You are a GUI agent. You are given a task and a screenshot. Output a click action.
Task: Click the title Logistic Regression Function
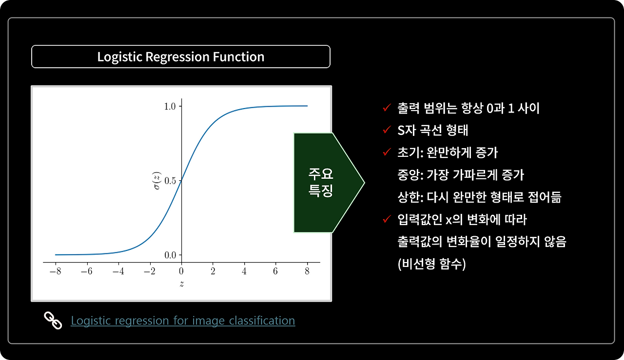tap(181, 57)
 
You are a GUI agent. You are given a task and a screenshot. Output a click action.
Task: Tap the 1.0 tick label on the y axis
tap(170, 106)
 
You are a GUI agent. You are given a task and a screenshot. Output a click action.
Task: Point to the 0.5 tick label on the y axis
tap(170, 181)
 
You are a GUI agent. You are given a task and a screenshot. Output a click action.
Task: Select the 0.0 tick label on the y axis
tap(170, 255)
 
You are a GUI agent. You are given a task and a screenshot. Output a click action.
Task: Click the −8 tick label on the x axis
tap(56, 271)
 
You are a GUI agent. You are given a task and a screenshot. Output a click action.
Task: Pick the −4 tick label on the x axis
tap(118, 271)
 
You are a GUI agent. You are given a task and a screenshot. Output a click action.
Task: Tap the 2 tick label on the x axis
tap(213, 271)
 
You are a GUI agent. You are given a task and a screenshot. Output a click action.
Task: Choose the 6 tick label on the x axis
tap(275, 271)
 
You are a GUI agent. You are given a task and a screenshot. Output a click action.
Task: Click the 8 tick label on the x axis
tap(307, 271)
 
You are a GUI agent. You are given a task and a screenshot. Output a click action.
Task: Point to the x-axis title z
tap(182, 284)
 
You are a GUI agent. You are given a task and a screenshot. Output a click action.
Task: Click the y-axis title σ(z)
tap(157, 181)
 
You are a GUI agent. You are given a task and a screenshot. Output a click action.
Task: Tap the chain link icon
tap(53, 321)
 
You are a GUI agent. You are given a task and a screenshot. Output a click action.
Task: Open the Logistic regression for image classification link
tap(183, 321)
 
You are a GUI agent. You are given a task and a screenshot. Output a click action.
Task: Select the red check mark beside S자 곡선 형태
tap(387, 130)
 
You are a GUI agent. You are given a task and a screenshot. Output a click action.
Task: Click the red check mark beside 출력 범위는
tap(387, 107)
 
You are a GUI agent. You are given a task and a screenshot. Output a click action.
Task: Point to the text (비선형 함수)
tap(432, 264)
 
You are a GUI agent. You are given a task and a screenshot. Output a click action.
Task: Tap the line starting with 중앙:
tap(461, 175)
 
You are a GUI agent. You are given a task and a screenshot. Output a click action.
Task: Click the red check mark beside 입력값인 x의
tap(387, 219)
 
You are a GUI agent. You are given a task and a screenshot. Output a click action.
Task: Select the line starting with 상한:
tap(479, 197)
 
